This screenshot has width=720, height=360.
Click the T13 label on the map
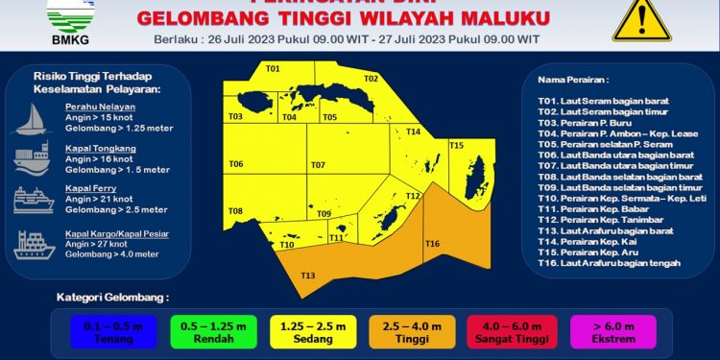[x=307, y=276]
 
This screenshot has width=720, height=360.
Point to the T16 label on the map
[x=432, y=244]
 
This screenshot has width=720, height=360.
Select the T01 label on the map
[x=273, y=69]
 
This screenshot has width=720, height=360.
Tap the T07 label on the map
[x=318, y=165]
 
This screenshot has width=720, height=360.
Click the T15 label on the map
[x=457, y=145]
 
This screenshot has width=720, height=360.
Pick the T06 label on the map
[x=235, y=164]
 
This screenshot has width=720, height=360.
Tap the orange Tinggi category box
[x=409, y=331]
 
